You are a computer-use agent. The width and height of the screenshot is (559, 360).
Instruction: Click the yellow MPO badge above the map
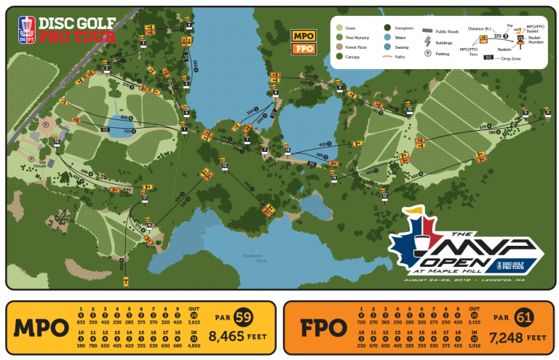pos(302,35)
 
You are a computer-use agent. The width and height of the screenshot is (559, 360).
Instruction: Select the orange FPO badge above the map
pos(302,49)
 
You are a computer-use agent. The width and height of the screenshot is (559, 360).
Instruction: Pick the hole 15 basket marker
pos(225,167)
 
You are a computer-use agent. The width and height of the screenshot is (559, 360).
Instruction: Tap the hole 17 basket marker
pos(145,198)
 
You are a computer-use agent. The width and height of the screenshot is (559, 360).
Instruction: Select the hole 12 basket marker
pos(384,196)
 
